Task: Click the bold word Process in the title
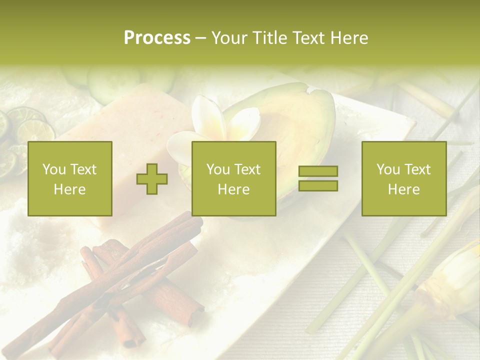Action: pyautogui.click(x=157, y=38)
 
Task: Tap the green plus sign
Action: pyautogui.click(x=152, y=179)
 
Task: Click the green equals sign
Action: pyautogui.click(x=318, y=178)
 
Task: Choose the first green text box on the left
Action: pyautogui.click(x=70, y=179)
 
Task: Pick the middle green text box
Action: pyautogui.click(x=233, y=179)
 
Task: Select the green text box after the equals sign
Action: pyautogui.click(x=403, y=179)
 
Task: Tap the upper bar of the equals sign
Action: pyautogui.click(x=318, y=171)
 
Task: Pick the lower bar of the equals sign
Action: pyautogui.click(x=318, y=186)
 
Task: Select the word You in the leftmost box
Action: pyautogui.click(x=53, y=169)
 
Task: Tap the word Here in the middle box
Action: pyautogui.click(x=233, y=189)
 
